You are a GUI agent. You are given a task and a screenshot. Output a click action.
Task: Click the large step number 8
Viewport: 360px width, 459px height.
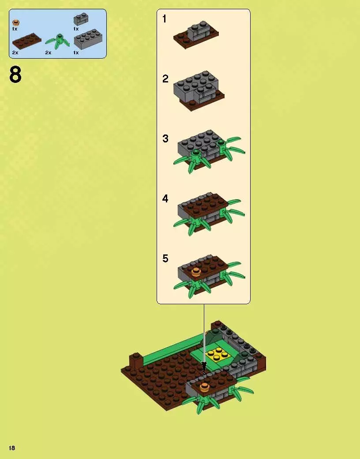15,75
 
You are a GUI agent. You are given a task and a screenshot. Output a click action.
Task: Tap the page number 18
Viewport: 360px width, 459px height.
12,448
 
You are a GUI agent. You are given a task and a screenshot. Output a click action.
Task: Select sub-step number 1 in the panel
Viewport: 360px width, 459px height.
165,19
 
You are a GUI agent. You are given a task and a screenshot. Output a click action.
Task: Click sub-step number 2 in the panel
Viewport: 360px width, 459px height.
165,79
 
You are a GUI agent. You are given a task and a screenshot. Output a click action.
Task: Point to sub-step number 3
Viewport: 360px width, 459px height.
165,139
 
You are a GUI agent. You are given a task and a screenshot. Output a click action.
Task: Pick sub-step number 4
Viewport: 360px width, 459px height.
165,199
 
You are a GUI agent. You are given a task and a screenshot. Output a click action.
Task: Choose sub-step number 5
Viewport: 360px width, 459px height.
165,258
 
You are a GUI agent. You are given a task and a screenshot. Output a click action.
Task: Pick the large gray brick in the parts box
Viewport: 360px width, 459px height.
88,41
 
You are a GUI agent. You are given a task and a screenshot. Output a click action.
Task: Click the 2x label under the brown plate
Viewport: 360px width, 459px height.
15,52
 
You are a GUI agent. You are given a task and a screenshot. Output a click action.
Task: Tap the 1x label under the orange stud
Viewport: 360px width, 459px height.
15,29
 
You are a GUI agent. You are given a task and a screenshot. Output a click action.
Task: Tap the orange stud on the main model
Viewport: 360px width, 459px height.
204,388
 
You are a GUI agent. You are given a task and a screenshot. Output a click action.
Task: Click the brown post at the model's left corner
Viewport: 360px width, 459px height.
134,361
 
